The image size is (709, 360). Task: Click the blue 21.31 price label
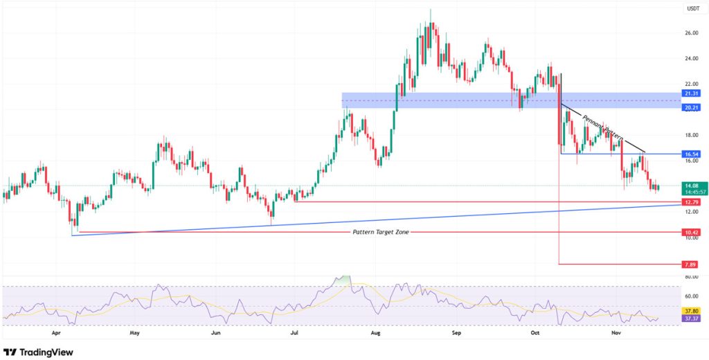(689, 93)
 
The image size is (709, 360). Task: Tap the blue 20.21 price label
(689, 108)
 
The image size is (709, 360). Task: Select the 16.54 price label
(689, 154)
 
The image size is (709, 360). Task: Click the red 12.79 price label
(689, 201)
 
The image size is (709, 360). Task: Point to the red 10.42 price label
(689, 233)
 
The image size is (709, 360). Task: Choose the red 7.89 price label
(689, 264)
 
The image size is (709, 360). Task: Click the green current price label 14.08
(689, 185)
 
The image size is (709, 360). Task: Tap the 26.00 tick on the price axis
(690, 33)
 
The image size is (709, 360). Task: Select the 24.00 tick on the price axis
(690, 58)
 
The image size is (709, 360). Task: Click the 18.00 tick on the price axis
(690, 135)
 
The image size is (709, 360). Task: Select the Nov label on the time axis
(616, 332)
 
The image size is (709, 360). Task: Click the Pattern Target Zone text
(381, 232)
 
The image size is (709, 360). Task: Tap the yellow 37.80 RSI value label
(689, 312)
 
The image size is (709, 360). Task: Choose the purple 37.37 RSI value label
(689, 318)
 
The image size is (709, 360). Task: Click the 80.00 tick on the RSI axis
(690, 277)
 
